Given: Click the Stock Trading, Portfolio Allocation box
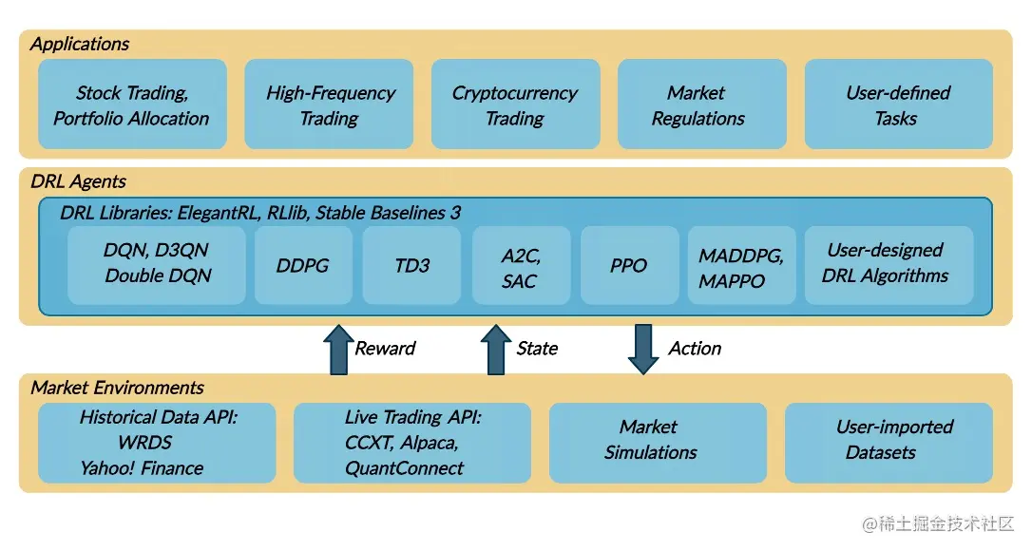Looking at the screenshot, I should [x=132, y=104].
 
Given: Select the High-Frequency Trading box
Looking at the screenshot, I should [x=329, y=104].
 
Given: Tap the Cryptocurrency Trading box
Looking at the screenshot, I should [x=515, y=104].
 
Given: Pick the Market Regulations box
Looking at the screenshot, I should [x=701, y=104].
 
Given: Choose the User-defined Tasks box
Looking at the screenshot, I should [x=898, y=104].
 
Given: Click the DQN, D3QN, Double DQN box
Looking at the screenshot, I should [x=157, y=264].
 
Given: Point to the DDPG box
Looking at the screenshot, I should [x=303, y=265].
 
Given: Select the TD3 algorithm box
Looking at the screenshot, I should [x=411, y=265].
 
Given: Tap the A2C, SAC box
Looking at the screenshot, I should [x=521, y=265].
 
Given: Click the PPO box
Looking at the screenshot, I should [x=629, y=265].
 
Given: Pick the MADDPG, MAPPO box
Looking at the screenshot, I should [x=741, y=265].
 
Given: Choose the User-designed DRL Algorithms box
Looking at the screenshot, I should [x=888, y=264].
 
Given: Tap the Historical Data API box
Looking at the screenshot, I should [x=157, y=443].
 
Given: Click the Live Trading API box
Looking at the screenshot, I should [x=412, y=443].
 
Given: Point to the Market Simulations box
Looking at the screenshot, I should [x=658, y=443].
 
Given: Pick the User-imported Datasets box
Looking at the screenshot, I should [x=889, y=443].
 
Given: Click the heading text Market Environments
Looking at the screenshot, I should [x=117, y=388].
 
